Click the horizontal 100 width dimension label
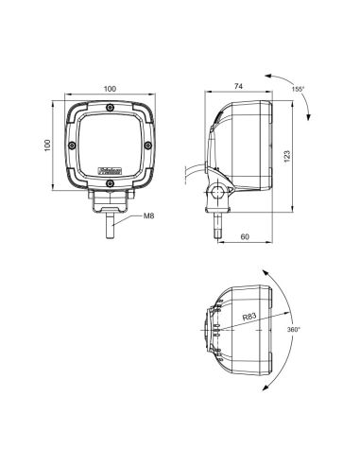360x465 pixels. pyautogui.click(x=110, y=88)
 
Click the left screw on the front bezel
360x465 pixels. pyautogui.click(x=72, y=145)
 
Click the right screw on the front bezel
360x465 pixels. pyautogui.click(x=148, y=145)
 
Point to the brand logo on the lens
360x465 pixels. pyautogui.click(x=111, y=171)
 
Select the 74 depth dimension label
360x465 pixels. pyautogui.click(x=239, y=88)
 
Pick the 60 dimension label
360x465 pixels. pyautogui.click(x=246, y=236)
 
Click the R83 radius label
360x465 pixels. pyautogui.click(x=249, y=319)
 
